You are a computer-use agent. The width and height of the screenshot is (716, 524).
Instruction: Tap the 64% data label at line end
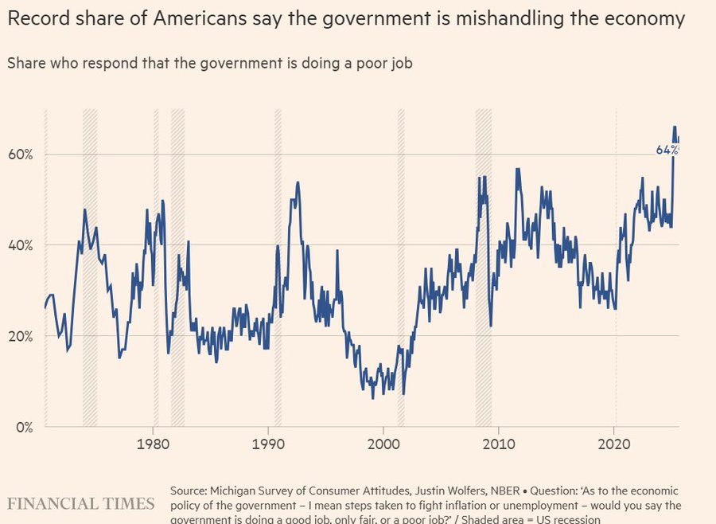point(667,150)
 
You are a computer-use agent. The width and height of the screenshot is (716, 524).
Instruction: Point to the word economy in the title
point(644,19)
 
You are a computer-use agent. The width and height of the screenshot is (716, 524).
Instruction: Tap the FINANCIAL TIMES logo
point(81,503)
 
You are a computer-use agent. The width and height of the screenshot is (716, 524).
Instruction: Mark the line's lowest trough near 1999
point(373,397)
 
